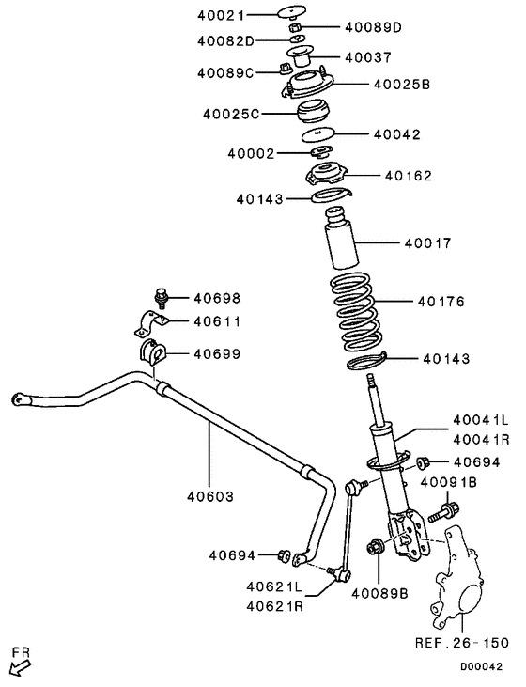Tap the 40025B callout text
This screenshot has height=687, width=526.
coord(401,85)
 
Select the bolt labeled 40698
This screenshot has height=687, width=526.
coord(162,298)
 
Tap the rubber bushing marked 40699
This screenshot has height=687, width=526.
coord(152,355)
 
